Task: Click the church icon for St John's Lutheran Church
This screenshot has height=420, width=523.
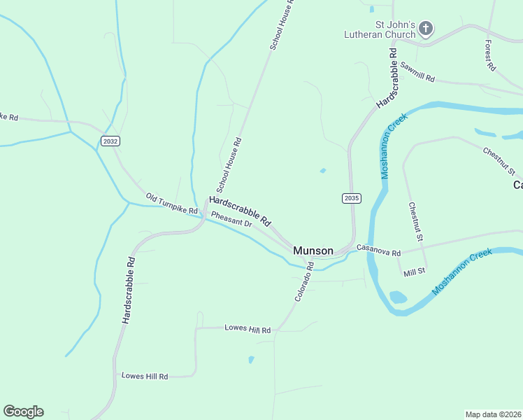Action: [426, 29]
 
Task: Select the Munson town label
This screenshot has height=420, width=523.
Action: [313, 250]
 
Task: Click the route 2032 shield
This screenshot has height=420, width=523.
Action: [110, 141]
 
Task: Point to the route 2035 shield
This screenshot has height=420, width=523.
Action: [352, 199]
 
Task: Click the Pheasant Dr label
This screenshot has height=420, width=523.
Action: [231, 218]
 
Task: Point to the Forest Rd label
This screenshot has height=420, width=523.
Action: [490, 55]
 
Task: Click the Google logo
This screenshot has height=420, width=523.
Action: [23, 412]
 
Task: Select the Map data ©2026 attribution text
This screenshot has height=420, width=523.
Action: [493, 414]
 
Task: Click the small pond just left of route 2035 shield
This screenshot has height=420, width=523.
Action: [322, 170]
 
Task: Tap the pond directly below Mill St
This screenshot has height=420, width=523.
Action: [398, 297]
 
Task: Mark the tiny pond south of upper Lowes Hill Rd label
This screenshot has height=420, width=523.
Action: [251, 360]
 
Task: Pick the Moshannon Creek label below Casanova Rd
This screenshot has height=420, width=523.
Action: [463, 271]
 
